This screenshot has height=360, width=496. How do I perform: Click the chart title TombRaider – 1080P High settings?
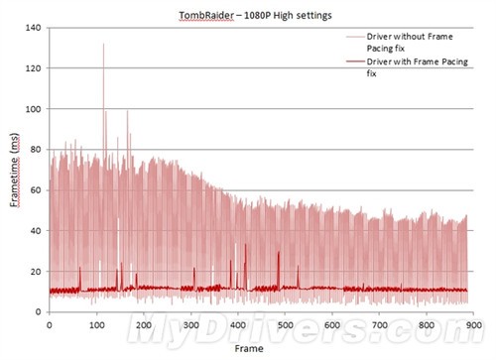(255, 16)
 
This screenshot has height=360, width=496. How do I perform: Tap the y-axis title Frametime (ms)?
(15, 170)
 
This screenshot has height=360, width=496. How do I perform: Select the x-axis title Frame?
(249, 348)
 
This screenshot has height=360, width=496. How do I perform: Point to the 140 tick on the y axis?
(34, 28)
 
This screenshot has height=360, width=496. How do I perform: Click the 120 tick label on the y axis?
(34, 68)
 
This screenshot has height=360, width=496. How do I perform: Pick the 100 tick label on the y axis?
(34, 109)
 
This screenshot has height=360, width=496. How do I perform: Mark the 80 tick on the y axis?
(37, 150)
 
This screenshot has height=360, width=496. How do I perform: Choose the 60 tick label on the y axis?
(37, 190)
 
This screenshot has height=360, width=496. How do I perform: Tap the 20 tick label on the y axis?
(37, 272)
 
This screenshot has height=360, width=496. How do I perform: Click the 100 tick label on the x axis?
(96, 325)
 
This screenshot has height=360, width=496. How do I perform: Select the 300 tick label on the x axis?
(190, 325)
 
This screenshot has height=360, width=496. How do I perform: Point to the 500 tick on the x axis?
(285, 325)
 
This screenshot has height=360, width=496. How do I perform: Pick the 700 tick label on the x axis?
(379, 325)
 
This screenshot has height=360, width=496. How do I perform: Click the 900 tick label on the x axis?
(473, 325)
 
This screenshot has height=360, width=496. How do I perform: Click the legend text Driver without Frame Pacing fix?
(410, 43)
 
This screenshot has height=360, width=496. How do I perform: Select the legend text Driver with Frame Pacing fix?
(417, 67)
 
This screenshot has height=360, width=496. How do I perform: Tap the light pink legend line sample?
(355, 37)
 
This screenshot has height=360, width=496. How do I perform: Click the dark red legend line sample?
(355, 61)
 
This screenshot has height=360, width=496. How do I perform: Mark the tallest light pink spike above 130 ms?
(103, 44)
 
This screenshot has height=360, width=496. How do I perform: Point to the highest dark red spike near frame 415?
(245, 244)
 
